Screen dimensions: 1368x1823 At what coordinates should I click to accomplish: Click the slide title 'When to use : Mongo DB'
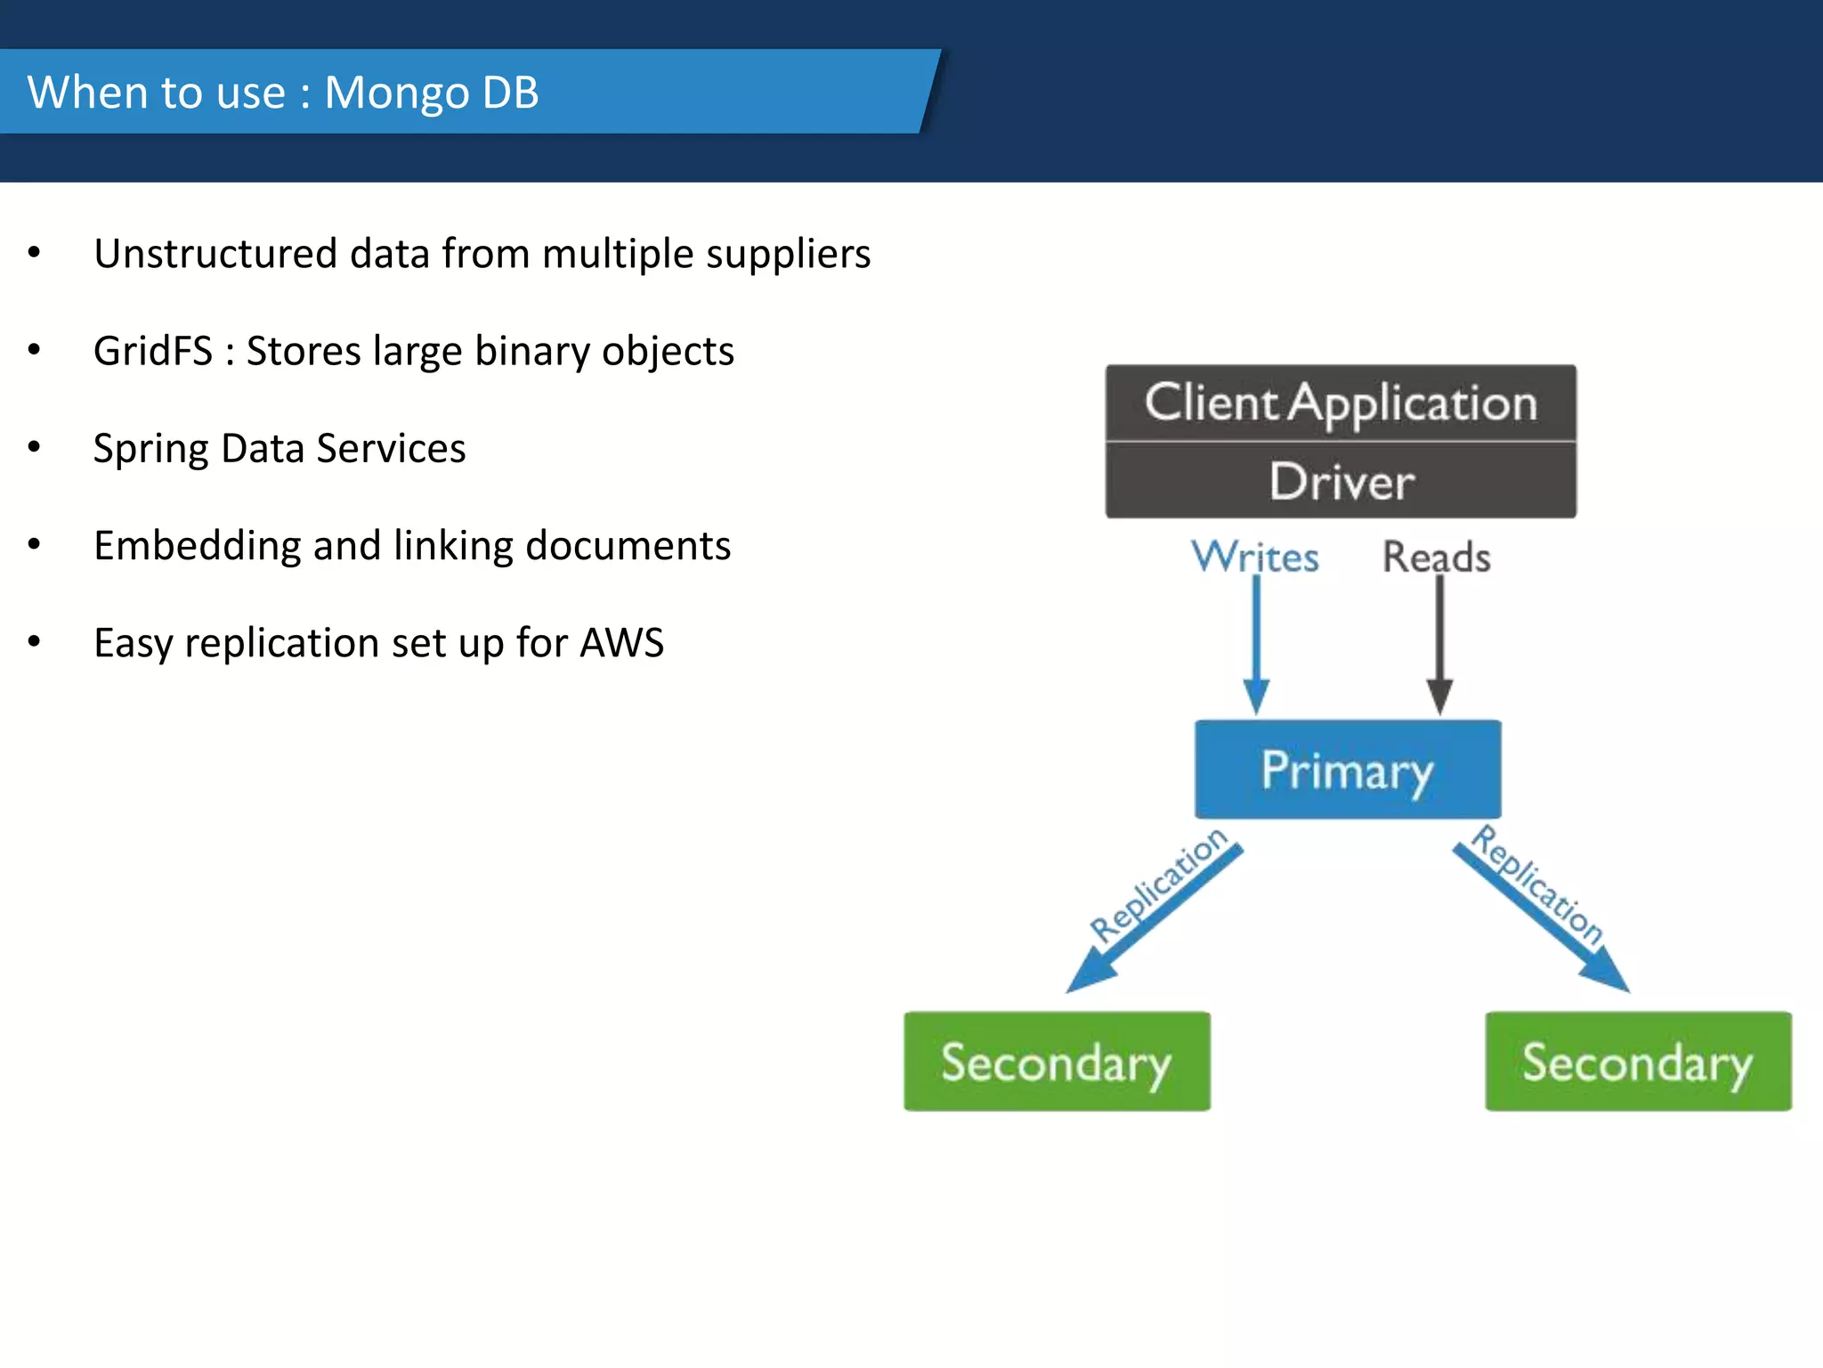click(x=283, y=93)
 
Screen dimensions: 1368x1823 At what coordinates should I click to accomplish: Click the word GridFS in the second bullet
click(x=152, y=351)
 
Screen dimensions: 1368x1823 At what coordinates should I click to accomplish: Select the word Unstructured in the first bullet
click(x=215, y=254)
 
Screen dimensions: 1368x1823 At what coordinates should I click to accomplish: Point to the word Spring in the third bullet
click(x=150, y=449)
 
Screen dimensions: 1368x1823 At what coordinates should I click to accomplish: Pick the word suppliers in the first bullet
click(x=788, y=255)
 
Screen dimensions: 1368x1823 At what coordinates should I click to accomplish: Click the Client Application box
click(x=1341, y=403)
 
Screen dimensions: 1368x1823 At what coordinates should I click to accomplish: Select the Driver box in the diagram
click(x=1341, y=482)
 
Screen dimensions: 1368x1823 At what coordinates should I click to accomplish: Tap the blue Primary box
click(x=1347, y=769)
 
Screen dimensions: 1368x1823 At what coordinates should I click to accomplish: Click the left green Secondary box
click(x=1057, y=1062)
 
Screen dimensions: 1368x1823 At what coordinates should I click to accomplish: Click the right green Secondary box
click(x=1638, y=1062)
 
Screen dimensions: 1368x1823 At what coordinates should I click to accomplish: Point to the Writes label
click(x=1255, y=557)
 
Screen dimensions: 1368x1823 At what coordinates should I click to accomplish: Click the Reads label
click(x=1436, y=557)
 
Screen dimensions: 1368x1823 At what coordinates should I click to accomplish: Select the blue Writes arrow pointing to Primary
click(x=1256, y=641)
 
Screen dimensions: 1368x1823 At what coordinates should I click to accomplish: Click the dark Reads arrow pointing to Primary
click(x=1439, y=641)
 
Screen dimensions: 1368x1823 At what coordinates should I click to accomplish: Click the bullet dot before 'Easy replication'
click(x=34, y=642)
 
